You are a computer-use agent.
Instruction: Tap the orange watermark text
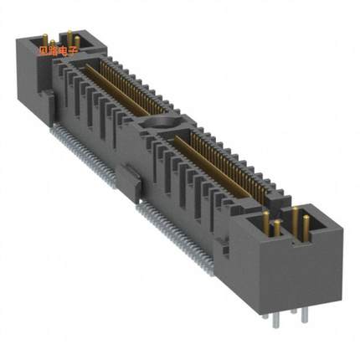pyautogui.click(x=58, y=50)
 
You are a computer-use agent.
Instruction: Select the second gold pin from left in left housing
pyautogui.click(x=53, y=43)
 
